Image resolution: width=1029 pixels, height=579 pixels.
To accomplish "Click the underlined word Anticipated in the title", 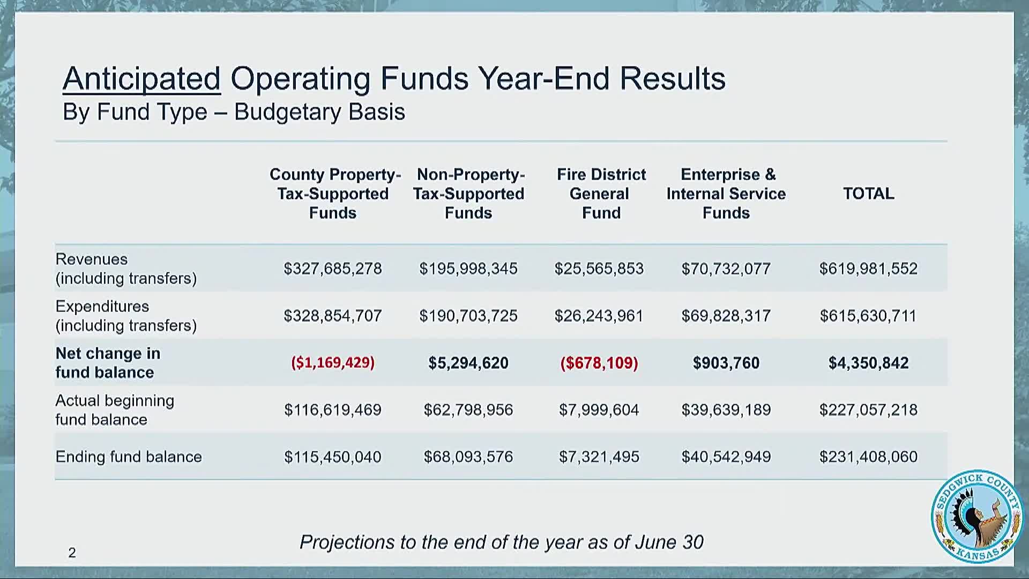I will click(141, 79).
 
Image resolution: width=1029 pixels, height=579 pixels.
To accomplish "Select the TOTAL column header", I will click(868, 194).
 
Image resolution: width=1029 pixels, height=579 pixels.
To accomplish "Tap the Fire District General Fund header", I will click(601, 194).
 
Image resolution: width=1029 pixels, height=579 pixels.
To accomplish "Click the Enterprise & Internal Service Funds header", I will click(726, 194).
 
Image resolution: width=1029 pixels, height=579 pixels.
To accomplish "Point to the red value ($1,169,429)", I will click(333, 363).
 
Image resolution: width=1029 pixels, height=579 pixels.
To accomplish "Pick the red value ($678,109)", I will click(599, 363).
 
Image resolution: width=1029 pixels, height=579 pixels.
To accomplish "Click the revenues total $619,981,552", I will click(868, 269).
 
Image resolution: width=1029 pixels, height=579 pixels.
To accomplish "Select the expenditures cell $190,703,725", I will click(468, 316).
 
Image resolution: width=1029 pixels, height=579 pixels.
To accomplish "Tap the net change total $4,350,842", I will click(868, 363).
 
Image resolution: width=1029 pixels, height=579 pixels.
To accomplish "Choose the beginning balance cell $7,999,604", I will click(599, 410).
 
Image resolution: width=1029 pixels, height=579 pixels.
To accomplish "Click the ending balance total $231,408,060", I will click(868, 457).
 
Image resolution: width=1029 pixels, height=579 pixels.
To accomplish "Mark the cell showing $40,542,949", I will click(726, 457).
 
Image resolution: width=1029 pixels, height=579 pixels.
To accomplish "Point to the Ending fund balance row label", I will click(129, 457).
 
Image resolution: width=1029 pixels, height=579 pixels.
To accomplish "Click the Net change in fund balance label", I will click(108, 363).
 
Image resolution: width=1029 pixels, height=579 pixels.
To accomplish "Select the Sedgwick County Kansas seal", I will click(977, 517).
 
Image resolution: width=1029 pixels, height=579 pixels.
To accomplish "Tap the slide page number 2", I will click(72, 553).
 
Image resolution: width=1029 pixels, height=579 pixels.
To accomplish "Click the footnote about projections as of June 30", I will click(501, 542).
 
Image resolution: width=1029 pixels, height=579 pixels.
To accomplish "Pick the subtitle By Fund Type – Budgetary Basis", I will click(234, 112).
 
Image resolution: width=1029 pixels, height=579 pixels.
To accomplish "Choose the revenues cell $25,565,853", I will click(599, 269).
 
